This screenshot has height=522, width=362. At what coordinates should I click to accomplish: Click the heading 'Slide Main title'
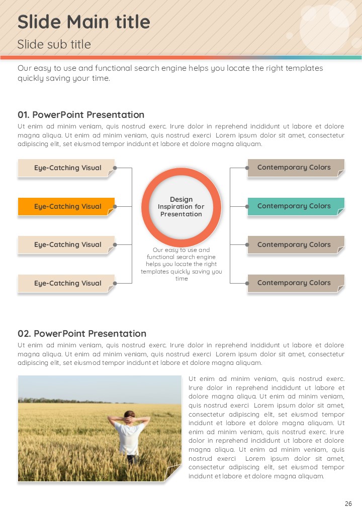(83, 22)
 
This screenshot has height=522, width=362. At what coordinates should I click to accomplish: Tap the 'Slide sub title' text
(54, 44)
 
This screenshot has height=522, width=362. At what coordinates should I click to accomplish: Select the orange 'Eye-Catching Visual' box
(66, 206)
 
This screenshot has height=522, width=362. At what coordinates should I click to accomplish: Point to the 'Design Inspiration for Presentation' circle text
(181, 207)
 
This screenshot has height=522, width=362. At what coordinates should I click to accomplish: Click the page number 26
(348, 504)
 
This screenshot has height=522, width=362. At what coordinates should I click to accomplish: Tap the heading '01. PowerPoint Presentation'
(81, 115)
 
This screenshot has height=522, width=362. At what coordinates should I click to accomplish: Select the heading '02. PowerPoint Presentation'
(82, 334)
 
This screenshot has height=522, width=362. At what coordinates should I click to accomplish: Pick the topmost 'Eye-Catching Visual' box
(66, 168)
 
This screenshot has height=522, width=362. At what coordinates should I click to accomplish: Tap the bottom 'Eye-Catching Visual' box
(66, 283)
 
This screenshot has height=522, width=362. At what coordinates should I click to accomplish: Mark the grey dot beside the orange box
(115, 206)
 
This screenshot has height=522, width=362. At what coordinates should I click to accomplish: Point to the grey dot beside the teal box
(247, 206)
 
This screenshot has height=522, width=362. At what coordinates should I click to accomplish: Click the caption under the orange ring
(182, 264)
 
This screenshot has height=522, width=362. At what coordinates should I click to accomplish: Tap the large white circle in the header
(324, 28)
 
